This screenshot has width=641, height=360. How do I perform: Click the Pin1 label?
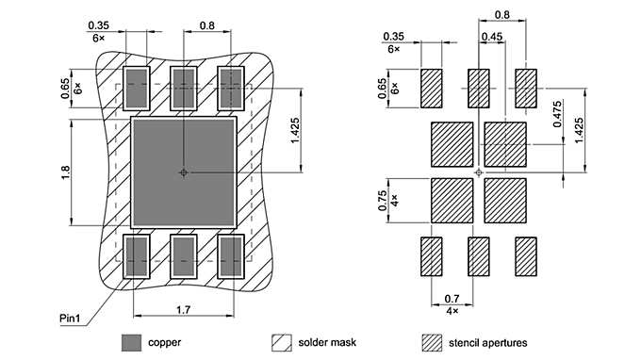click(70, 318)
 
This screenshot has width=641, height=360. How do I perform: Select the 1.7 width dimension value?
click(183, 310)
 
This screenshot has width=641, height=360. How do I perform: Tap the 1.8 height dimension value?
click(65, 172)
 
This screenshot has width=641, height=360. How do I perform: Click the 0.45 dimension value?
click(491, 37)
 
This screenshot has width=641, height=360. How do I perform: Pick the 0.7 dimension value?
click(452, 299)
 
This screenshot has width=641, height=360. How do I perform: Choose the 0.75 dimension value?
click(382, 201)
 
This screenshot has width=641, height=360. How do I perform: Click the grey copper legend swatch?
click(132, 342)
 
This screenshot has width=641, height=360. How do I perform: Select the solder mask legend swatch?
click(282, 342)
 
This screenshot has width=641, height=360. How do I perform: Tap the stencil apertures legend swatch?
click(432, 342)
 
